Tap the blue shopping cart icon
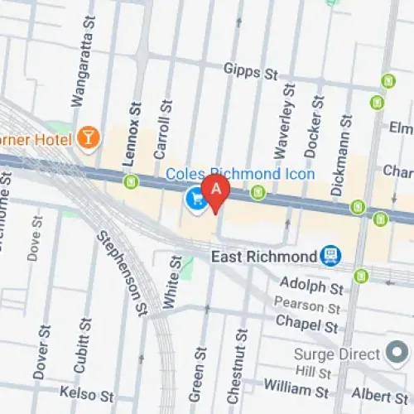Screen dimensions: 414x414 [x=195, y=199]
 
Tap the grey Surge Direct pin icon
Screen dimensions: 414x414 [x=397, y=354]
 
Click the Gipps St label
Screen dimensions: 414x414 [x=250, y=74]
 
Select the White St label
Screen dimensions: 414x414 [x=172, y=281]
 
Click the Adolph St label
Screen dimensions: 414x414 [x=311, y=289]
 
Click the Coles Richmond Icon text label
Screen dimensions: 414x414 [x=240, y=174]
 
